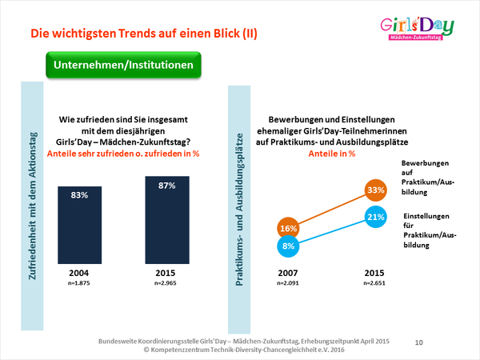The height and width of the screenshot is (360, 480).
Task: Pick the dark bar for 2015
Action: click(167, 221)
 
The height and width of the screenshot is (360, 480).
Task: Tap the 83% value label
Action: click(84, 194)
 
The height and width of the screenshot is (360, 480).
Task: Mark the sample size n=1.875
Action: click(83, 284)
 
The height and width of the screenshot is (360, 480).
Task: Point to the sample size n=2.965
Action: click(167, 284)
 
